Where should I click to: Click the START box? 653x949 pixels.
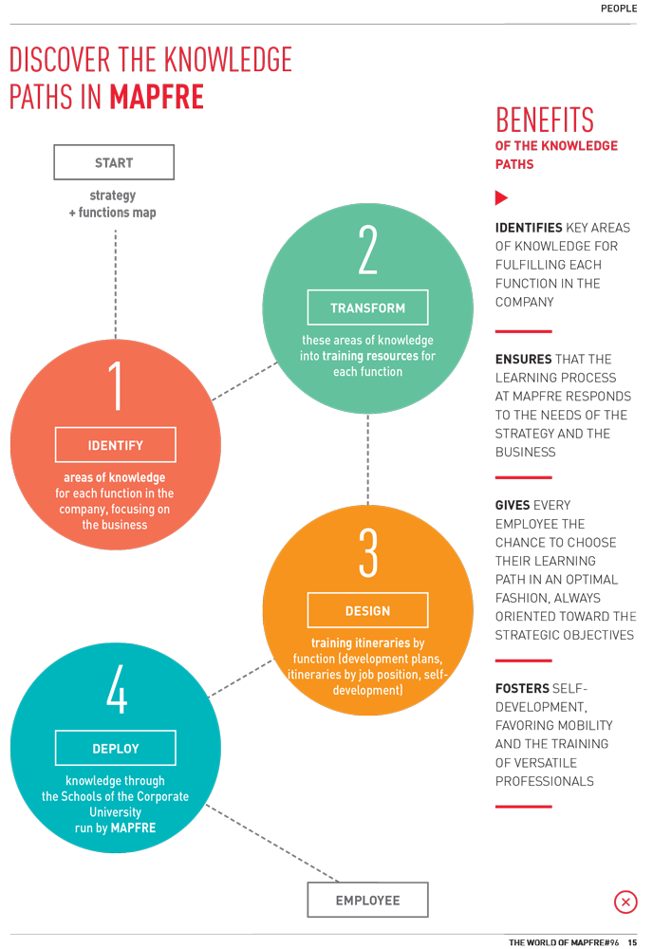[x=114, y=162]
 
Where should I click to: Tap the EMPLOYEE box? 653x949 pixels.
[x=367, y=900]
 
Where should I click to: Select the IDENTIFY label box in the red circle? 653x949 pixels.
[x=116, y=445]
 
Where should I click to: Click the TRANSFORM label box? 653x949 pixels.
[x=367, y=307]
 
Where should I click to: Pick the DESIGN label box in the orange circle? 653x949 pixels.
[x=367, y=610]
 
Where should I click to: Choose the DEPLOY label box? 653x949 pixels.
[x=116, y=748]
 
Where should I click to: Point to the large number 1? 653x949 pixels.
[x=115, y=386]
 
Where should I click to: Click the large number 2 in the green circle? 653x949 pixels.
[x=367, y=250]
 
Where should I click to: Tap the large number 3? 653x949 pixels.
[x=368, y=552]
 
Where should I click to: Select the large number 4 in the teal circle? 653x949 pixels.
[x=117, y=689]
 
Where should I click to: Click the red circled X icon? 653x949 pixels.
[x=625, y=902]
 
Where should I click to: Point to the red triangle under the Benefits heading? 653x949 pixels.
[x=501, y=197]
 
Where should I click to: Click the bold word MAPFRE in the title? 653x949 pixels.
[x=157, y=97]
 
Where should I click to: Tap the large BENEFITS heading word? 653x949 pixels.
[x=545, y=120]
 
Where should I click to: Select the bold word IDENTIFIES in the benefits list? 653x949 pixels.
[x=529, y=228]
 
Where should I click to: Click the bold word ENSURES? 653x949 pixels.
[x=524, y=359]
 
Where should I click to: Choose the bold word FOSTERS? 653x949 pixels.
[x=522, y=688]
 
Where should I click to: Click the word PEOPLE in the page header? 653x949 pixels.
[x=619, y=9]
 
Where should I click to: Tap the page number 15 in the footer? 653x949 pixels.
[x=632, y=942]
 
